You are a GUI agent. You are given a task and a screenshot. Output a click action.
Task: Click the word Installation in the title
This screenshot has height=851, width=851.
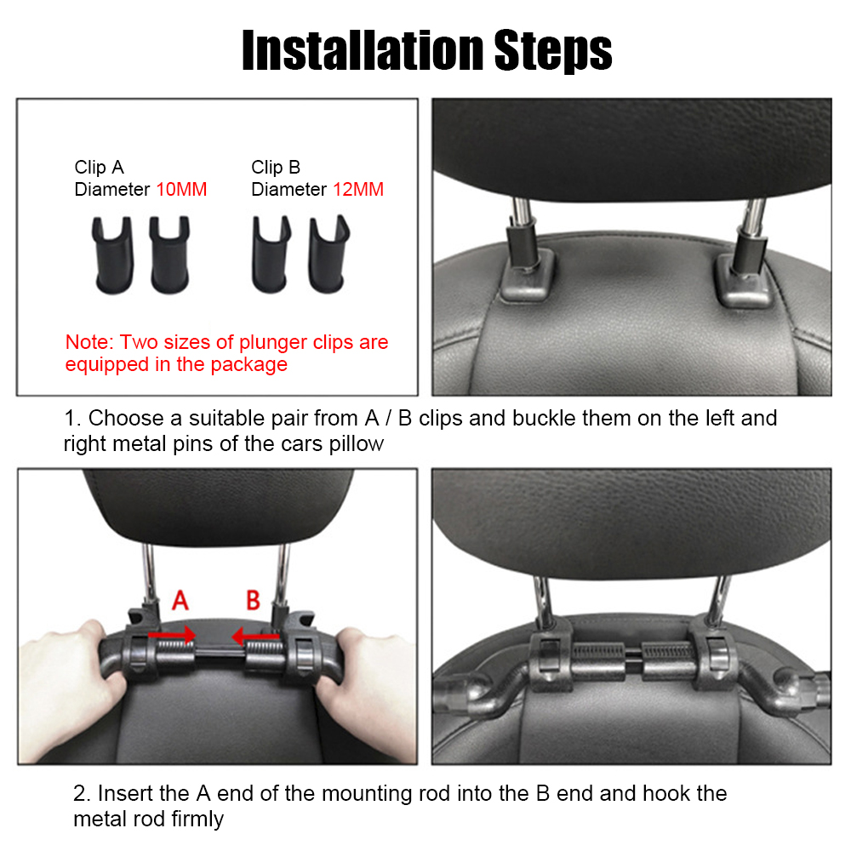[363, 50]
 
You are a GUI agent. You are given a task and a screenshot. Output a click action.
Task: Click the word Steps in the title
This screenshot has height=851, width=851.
[553, 51]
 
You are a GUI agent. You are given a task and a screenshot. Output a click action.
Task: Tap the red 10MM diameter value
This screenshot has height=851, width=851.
[181, 190]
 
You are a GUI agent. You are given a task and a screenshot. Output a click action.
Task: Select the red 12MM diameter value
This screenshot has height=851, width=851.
[358, 190]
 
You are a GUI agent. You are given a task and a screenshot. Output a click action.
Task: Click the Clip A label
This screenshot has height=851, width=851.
[100, 167]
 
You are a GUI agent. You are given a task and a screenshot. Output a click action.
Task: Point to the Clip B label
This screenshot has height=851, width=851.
[276, 167]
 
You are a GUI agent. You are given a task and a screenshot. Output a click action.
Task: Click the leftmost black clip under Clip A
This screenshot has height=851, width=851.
[113, 255]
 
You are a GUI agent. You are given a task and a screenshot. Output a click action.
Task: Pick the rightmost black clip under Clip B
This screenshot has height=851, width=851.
[328, 254]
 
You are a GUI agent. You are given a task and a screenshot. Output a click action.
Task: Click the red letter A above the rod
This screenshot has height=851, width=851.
[180, 600]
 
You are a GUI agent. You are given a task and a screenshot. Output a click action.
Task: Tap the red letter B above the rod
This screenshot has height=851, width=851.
[253, 600]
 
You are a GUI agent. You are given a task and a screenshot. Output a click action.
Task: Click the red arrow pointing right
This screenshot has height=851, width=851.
[172, 635]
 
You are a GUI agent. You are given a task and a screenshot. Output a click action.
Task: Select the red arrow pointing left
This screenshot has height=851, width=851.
[255, 636]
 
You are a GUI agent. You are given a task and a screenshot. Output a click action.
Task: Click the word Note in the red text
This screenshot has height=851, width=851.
[88, 342]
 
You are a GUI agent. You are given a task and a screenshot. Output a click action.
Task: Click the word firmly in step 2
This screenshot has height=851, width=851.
[197, 819]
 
